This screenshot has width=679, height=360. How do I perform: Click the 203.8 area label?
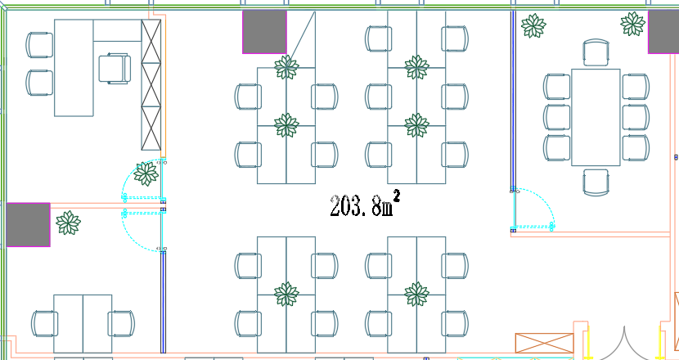360,207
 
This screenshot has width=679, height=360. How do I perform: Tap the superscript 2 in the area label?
396,196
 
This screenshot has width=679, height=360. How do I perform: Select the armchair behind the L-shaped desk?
115,67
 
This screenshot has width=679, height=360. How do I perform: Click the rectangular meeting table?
596,117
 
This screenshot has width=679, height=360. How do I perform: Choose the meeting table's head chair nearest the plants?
596,52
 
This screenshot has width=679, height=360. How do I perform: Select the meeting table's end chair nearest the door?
596,182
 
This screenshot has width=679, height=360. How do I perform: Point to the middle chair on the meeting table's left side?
557,117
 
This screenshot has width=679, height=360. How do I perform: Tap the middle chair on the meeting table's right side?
635,117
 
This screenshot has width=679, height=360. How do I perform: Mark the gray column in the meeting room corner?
663,32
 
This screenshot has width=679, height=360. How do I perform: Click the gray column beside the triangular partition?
264,32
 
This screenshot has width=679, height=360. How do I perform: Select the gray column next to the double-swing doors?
28,225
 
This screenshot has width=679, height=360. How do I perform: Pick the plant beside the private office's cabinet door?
146,173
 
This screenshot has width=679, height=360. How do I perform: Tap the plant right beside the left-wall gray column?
67,222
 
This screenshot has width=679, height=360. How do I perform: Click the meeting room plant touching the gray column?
632,23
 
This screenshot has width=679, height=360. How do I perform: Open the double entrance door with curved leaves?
624,344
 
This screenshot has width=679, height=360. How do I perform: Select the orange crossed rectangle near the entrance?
542,344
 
